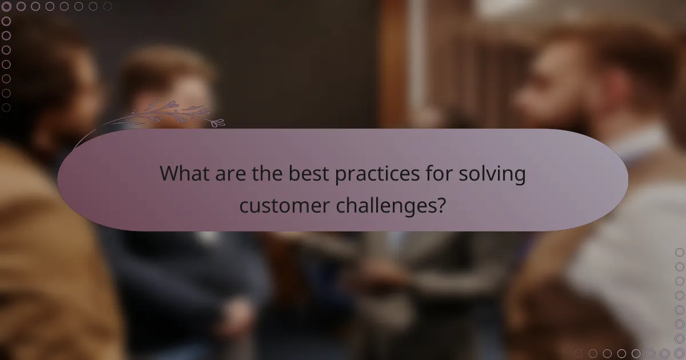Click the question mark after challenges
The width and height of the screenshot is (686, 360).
coord(441,204)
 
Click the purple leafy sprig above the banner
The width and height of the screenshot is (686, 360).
coord(171,113)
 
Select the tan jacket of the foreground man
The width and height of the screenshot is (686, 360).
coord(46,257)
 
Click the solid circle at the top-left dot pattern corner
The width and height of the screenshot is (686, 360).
coord(6,6)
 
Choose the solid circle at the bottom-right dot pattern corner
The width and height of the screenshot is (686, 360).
coord(680,354)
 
